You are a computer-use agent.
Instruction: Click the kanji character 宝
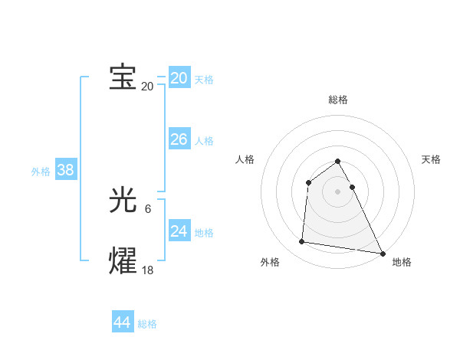click(123, 77)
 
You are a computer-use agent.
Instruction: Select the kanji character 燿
click(123, 260)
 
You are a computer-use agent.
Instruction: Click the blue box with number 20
click(179, 77)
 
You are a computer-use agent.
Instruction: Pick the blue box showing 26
click(179, 139)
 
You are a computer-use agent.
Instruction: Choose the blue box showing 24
click(179, 231)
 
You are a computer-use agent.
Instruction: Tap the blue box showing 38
click(65, 170)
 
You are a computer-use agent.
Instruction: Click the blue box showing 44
click(122, 322)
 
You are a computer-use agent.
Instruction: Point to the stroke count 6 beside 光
click(148, 208)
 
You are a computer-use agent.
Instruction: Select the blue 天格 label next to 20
click(204, 79)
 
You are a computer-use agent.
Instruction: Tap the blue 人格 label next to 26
click(204, 141)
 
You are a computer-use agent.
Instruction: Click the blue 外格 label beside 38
click(41, 172)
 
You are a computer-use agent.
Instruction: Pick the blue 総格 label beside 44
click(147, 324)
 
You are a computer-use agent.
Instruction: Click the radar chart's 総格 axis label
click(338, 100)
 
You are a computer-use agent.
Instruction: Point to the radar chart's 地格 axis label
click(402, 263)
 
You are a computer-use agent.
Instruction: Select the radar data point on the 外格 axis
click(302, 242)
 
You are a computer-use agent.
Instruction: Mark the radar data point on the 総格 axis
click(338, 162)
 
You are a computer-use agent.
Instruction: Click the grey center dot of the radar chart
click(338, 191)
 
